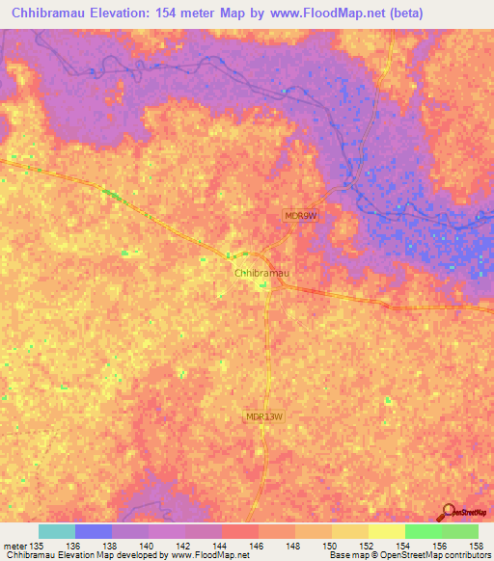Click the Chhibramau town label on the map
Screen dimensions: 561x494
262,273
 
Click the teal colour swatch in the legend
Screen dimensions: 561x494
57,531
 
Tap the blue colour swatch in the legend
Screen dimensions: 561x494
94,531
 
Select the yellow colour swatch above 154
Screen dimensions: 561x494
387,531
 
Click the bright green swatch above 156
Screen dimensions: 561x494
424,531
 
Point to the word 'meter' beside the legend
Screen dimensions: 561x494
14,546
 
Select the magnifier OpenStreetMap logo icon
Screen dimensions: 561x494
447,512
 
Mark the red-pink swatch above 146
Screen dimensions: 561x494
240,531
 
